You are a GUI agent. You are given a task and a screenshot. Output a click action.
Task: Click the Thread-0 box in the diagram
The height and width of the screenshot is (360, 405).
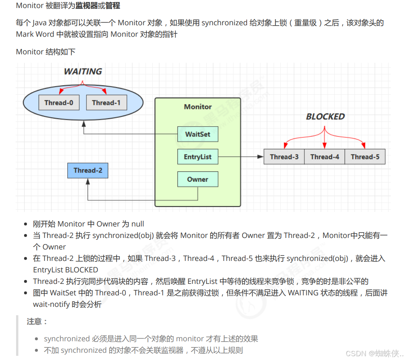pyautogui.click(x=59, y=103)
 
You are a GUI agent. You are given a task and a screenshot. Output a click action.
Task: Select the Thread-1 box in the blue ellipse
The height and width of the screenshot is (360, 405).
pyautogui.click(x=106, y=103)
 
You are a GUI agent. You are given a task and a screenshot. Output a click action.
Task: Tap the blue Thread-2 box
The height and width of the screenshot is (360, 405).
pyautogui.click(x=88, y=170)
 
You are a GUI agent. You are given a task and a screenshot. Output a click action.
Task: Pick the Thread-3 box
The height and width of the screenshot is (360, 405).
pyautogui.click(x=284, y=157)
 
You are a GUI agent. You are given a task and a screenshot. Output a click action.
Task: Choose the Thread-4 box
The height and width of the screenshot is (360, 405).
pyautogui.click(x=325, y=157)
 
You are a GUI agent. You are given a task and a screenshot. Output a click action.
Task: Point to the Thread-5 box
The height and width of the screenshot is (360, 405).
pyautogui.click(x=365, y=157)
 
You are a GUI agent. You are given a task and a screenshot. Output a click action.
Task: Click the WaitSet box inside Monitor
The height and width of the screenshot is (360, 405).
pyautogui.click(x=198, y=134)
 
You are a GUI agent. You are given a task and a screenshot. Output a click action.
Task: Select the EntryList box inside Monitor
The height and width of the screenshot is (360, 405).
pyautogui.click(x=198, y=157)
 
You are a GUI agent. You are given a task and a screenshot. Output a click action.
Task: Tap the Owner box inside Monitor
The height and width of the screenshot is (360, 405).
pyautogui.click(x=198, y=179)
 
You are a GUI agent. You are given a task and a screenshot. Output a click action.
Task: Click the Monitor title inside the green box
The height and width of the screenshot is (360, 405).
pyautogui.click(x=198, y=107)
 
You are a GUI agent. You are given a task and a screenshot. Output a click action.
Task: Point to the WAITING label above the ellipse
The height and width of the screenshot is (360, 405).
pyautogui.click(x=83, y=72)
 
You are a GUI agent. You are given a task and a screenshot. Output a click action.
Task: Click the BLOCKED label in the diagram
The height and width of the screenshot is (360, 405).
pyautogui.click(x=325, y=117)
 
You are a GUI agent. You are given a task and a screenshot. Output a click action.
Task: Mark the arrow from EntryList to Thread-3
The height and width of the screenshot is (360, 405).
pyautogui.click(x=241, y=157)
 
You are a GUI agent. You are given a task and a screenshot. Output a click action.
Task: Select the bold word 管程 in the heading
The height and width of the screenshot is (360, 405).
pyautogui.click(x=113, y=6)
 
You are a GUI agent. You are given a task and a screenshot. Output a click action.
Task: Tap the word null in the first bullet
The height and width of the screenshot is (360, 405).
pyautogui.click(x=138, y=224)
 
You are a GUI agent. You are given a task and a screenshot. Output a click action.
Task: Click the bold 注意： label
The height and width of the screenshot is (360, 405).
pyautogui.click(x=37, y=321)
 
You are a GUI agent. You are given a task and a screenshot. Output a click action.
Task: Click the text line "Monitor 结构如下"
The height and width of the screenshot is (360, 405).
pyautogui.click(x=46, y=52)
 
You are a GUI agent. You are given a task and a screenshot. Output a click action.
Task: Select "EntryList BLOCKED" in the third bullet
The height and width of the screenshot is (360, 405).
pyautogui.click(x=65, y=270)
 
